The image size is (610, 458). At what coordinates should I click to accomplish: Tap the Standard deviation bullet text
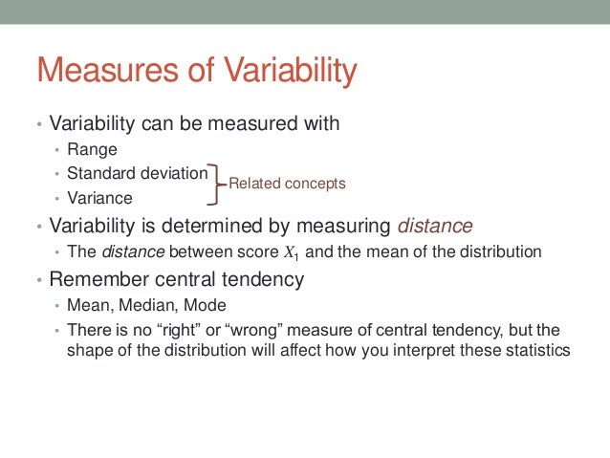pyautogui.click(x=137, y=174)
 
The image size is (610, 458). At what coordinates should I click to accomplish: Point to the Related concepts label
pyautogui.click(x=287, y=183)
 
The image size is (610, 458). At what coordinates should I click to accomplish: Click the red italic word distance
pyautogui.click(x=435, y=226)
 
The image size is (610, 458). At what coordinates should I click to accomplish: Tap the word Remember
pyautogui.click(x=98, y=280)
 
